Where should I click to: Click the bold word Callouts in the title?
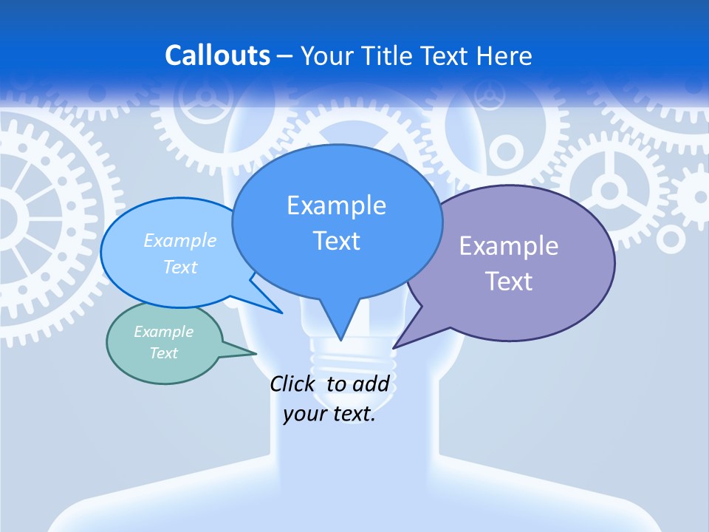218,55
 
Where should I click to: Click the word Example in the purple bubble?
509,246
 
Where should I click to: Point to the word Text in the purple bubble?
509,282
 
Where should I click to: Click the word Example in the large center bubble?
336,205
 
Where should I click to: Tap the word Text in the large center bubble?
337,241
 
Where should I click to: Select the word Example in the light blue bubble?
180,240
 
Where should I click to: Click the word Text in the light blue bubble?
180,267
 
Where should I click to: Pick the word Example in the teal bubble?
164,332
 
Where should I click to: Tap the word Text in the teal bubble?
164,353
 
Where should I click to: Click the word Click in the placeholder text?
292,383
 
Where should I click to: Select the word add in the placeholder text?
371,383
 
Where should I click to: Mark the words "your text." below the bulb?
329,414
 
